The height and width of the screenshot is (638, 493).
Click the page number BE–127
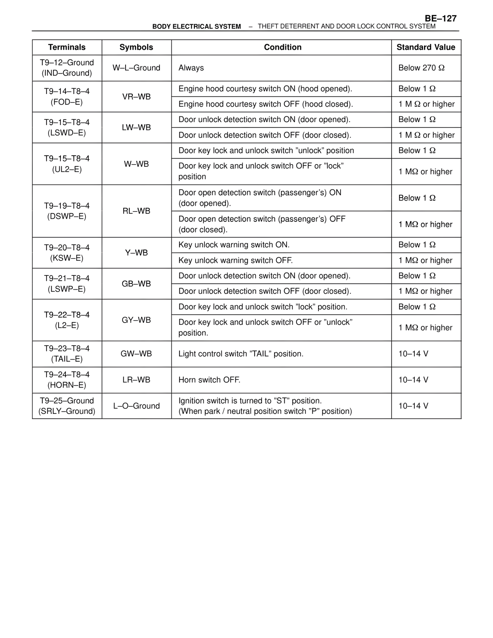coord(441,18)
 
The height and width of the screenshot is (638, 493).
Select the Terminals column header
coord(67,47)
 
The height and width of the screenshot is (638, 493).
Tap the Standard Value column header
coord(426,47)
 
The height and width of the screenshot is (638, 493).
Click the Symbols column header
coord(136,47)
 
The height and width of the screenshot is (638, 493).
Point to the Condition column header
coord(282,47)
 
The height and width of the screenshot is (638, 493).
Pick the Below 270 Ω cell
coord(421,68)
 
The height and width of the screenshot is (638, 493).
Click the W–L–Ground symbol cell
coord(136,68)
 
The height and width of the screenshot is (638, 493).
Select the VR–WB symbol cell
coord(136,97)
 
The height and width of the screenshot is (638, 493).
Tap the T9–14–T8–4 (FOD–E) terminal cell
coord(67,97)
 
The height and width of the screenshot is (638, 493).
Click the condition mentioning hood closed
coord(265,104)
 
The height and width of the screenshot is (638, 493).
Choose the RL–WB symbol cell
coord(136,211)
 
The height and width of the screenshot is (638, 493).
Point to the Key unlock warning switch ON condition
coord(234,245)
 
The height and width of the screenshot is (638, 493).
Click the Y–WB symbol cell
coord(136,253)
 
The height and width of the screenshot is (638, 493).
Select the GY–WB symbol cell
coord(136,320)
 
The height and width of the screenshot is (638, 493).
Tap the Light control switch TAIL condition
coord(241,354)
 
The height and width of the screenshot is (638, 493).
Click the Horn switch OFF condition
coord(209,380)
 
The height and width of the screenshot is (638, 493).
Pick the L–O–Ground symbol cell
coord(136,406)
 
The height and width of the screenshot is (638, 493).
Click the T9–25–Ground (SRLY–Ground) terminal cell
coord(67,406)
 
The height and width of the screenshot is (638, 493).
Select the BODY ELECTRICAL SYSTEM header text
coord(196,27)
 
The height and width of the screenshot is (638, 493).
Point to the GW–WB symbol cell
coord(136,354)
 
